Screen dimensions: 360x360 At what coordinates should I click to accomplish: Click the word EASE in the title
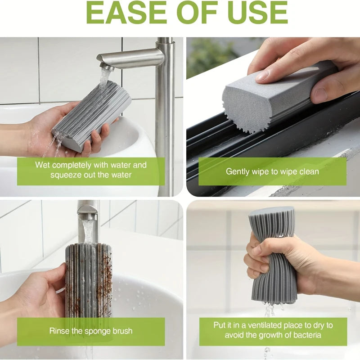point(126,13)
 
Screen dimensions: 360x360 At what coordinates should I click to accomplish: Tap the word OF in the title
point(197,13)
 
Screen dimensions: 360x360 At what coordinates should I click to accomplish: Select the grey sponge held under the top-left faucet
point(92,116)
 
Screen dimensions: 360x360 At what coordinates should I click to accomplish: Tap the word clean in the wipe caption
point(308,172)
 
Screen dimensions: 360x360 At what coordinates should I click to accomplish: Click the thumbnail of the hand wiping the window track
point(273,117)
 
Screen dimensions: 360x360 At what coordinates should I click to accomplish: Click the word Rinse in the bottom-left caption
point(58,331)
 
